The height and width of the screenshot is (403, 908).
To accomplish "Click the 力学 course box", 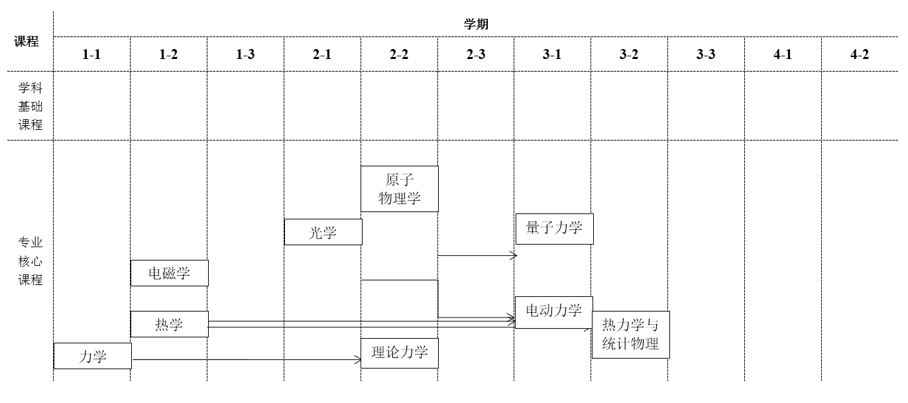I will [x=92, y=356].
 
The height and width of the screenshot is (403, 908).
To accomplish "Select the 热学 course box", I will [x=169, y=324].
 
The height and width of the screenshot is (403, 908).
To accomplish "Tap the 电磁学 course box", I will [x=169, y=273].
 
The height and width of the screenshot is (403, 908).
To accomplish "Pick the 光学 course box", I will [x=323, y=232].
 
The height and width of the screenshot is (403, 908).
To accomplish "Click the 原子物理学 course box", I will [x=399, y=189].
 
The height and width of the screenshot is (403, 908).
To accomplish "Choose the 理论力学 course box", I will [x=399, y=353].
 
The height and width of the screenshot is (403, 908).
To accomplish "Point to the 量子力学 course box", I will [x=553, y=229].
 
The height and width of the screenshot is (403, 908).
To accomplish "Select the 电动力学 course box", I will [x=553, y=312].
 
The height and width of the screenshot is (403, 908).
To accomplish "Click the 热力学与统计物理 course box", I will [x=630, y=334].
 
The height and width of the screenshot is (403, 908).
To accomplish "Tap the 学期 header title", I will [x=476, y=25].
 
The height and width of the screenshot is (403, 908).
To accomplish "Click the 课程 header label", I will [x=27, y=41].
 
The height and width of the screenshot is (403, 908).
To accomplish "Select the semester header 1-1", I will [x=91, y=54].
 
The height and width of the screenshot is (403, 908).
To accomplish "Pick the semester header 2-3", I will [x=476, y=54].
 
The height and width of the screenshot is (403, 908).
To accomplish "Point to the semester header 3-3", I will [x=706, y=54].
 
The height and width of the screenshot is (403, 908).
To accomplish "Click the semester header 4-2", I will [x=860, y=54].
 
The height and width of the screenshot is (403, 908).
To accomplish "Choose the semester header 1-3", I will [x=245, y=54].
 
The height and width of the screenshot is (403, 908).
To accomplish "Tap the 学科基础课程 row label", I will [x=30, y=106].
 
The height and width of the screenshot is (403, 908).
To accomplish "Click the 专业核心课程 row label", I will [x=30, y=261].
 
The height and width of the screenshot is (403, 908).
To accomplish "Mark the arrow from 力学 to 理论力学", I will [x=245, y=360].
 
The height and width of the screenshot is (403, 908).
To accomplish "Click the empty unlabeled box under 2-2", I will [x=399, y=298].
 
